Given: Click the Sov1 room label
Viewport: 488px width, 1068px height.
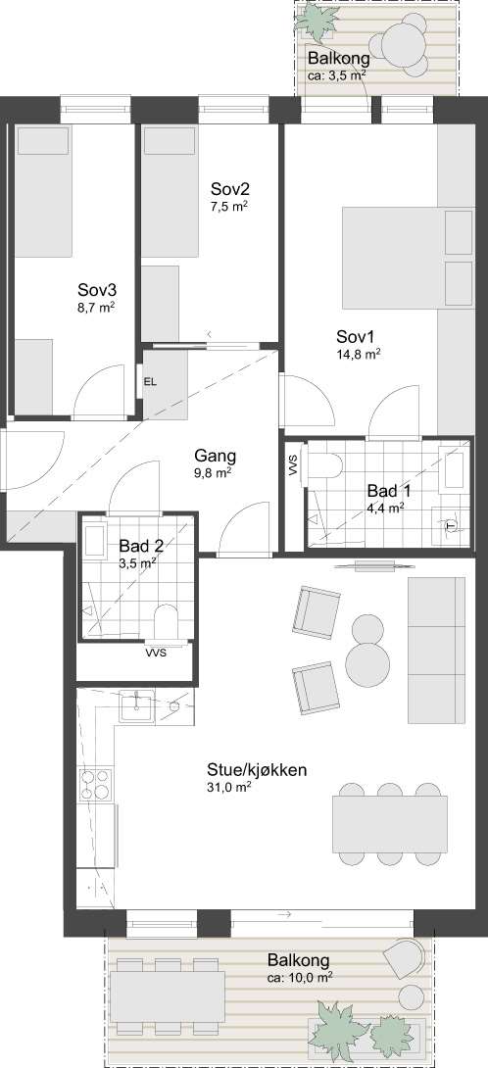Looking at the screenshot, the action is pyautogui.click(x=356, y=336).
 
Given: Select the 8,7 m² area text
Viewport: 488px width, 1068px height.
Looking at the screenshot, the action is pyautogui.click(x=95, y=308).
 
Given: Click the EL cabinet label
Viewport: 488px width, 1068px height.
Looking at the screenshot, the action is pyautogui.click(x=150, y=382).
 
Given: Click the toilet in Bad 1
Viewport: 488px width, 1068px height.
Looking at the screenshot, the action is pyautogui.click(x=323, y=468).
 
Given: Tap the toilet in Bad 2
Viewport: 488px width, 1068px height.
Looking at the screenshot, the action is pyautogui.click(x=166, y=622).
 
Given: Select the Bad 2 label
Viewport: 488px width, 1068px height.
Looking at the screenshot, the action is pyautogui.click(x=142, y=546).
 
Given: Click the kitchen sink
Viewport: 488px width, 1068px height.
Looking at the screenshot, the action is pyautogui.click(x=137, y=705).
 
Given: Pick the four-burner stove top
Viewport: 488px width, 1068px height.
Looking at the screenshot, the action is pyautogui.click(x=96, y=783).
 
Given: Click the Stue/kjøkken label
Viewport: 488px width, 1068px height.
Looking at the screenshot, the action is pyautogui.click(x=257, y=770).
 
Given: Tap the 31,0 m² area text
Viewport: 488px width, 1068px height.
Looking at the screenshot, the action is pyautogui.click(x=229, y=788).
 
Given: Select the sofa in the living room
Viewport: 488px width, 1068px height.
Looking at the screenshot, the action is pyautogui.click(x=437, y=650).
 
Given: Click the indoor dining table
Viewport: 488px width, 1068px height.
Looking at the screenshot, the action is pyautogui.click(x=390, y=824).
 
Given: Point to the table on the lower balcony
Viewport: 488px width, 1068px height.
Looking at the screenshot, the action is pyautogui.click(x=167, y=995).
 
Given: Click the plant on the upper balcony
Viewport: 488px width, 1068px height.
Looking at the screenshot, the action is pyautogui.click(x=316, y=22).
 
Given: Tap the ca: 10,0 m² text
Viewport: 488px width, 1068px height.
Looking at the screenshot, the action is pyautogui.click(x=300, y=978).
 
